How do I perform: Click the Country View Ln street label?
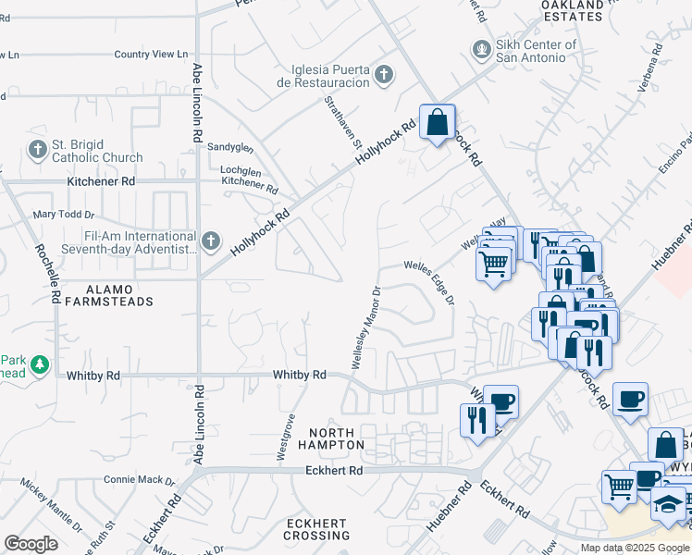click(151, 55)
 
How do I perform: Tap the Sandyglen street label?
click(229, 147)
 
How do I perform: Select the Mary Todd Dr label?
click(59, 215)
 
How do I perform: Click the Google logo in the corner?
click(31, 543)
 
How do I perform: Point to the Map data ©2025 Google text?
click(634, 548)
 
